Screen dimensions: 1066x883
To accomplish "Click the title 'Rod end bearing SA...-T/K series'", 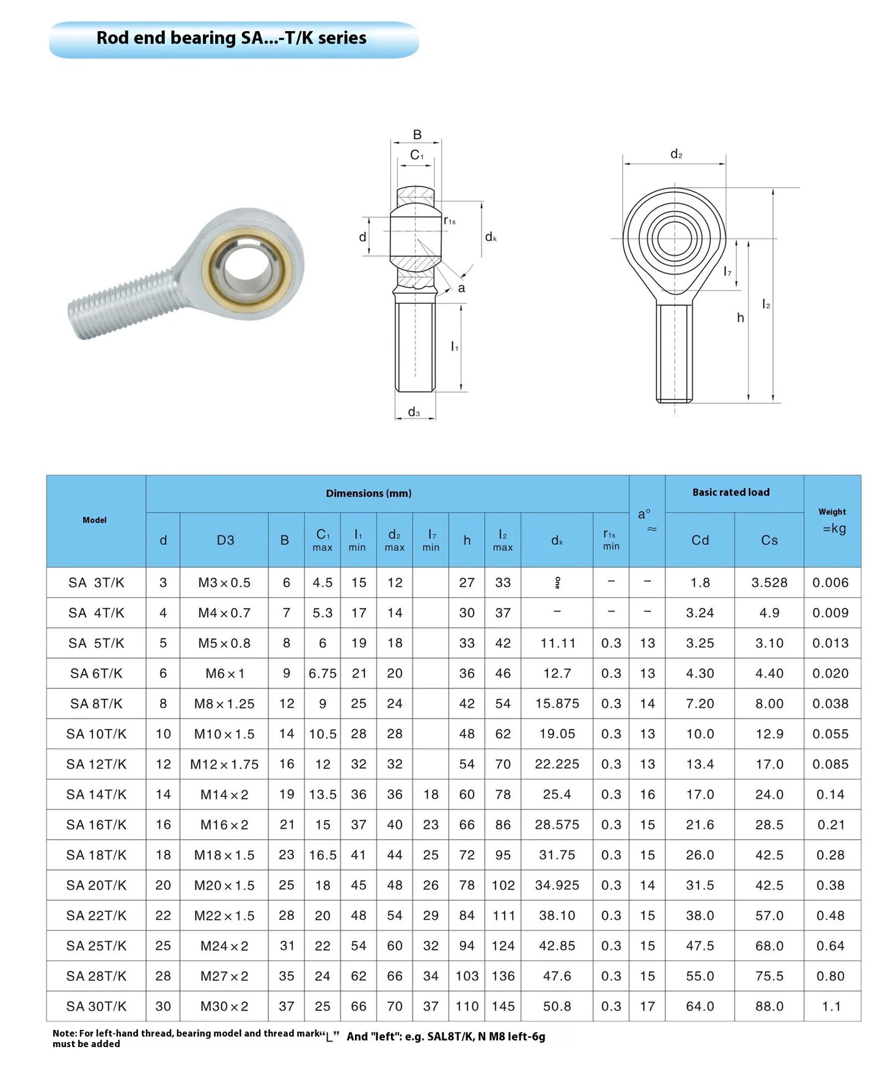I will pyautogui.click(x=232, y=38).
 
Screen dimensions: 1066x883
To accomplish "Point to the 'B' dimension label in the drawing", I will pyautogui.click(x=417, y=135).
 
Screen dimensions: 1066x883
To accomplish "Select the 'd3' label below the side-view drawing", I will pyautogui.click(x=414, y=412).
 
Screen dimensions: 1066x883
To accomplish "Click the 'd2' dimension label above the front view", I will pyautogui.click(x=676, y=154).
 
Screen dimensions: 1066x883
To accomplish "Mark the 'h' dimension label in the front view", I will pyautogui.click(x=740, y=317).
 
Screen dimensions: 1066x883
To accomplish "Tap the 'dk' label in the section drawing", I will pyautogui.click(x=491, y=237).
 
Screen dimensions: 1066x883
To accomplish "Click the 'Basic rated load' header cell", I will pyautogui.click(x=731, y=492).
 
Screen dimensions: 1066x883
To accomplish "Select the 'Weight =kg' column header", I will pyautogui.click(x=832, y=520).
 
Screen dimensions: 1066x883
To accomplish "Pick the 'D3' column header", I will pyautogui.click(x=225, y=540).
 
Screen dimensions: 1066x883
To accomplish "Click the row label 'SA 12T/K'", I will pyautogui.click(x=96, y=764).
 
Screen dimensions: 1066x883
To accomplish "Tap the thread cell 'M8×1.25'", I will pyautogui.click(x=224, y=703).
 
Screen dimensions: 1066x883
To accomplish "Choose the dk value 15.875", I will pyautogui.click(x=557, y=703).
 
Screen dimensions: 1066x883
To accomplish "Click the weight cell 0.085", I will pyautogui.click(x=830, y=764).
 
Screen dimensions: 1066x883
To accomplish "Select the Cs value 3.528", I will pyautogui.click(x=769, y=582).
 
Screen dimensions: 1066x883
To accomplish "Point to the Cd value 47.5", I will pyautogui.click(x=700, y=946).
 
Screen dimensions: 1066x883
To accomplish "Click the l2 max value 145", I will pyautogui.click(x=502, y=1006).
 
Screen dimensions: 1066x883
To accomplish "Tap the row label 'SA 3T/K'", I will pyautogui.click(x=96, y=582).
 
